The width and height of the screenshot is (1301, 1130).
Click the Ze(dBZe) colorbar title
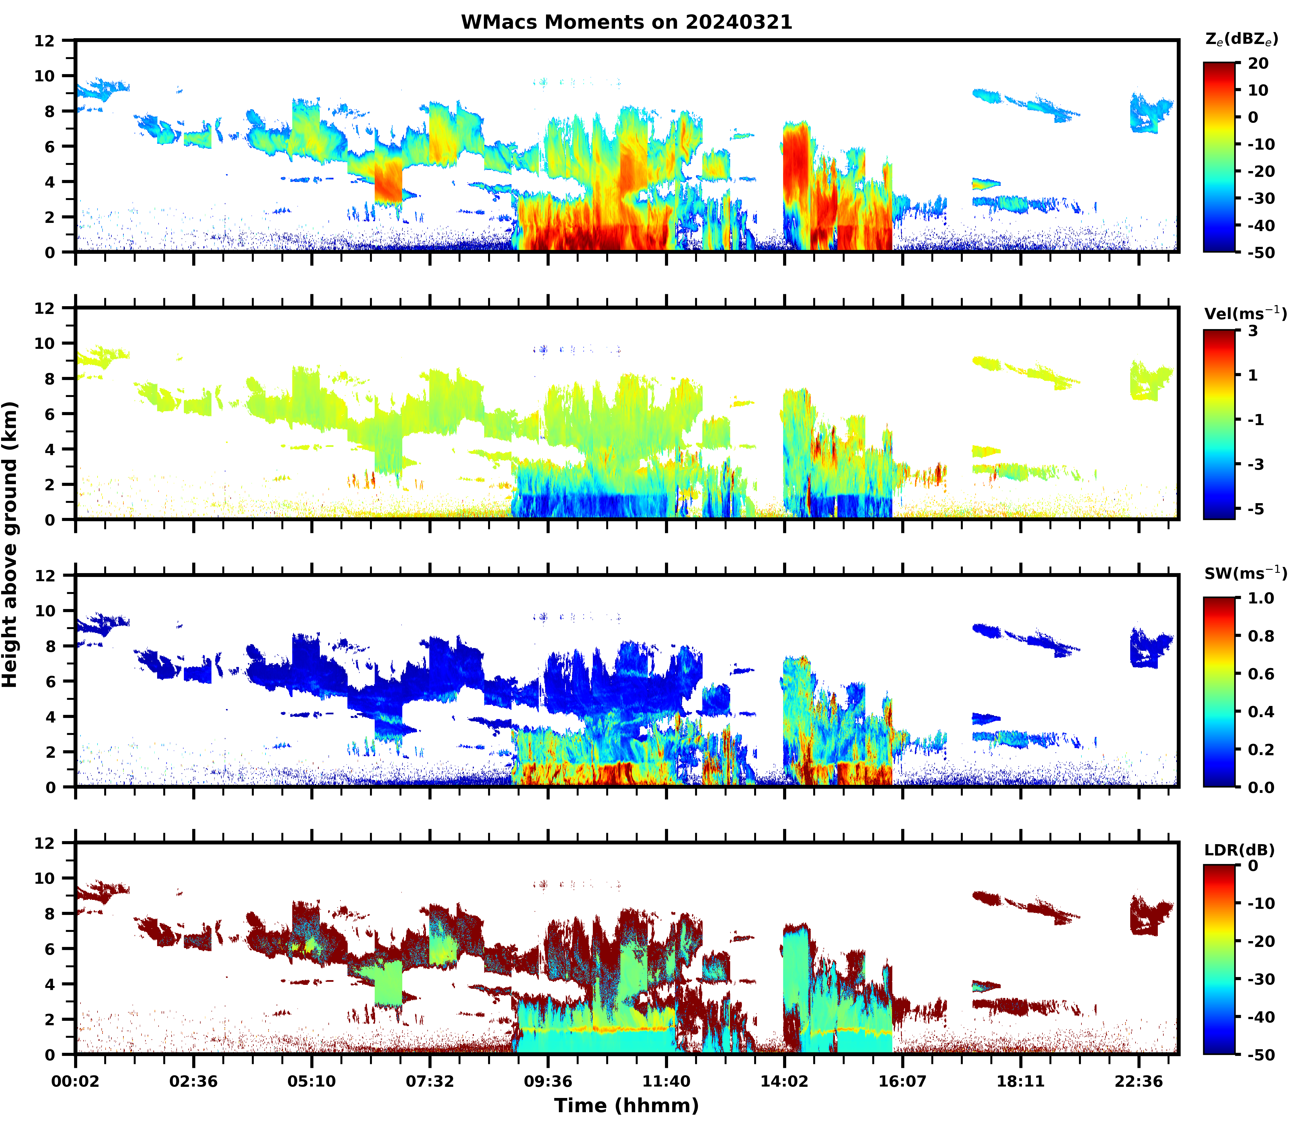click(1241, 39)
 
